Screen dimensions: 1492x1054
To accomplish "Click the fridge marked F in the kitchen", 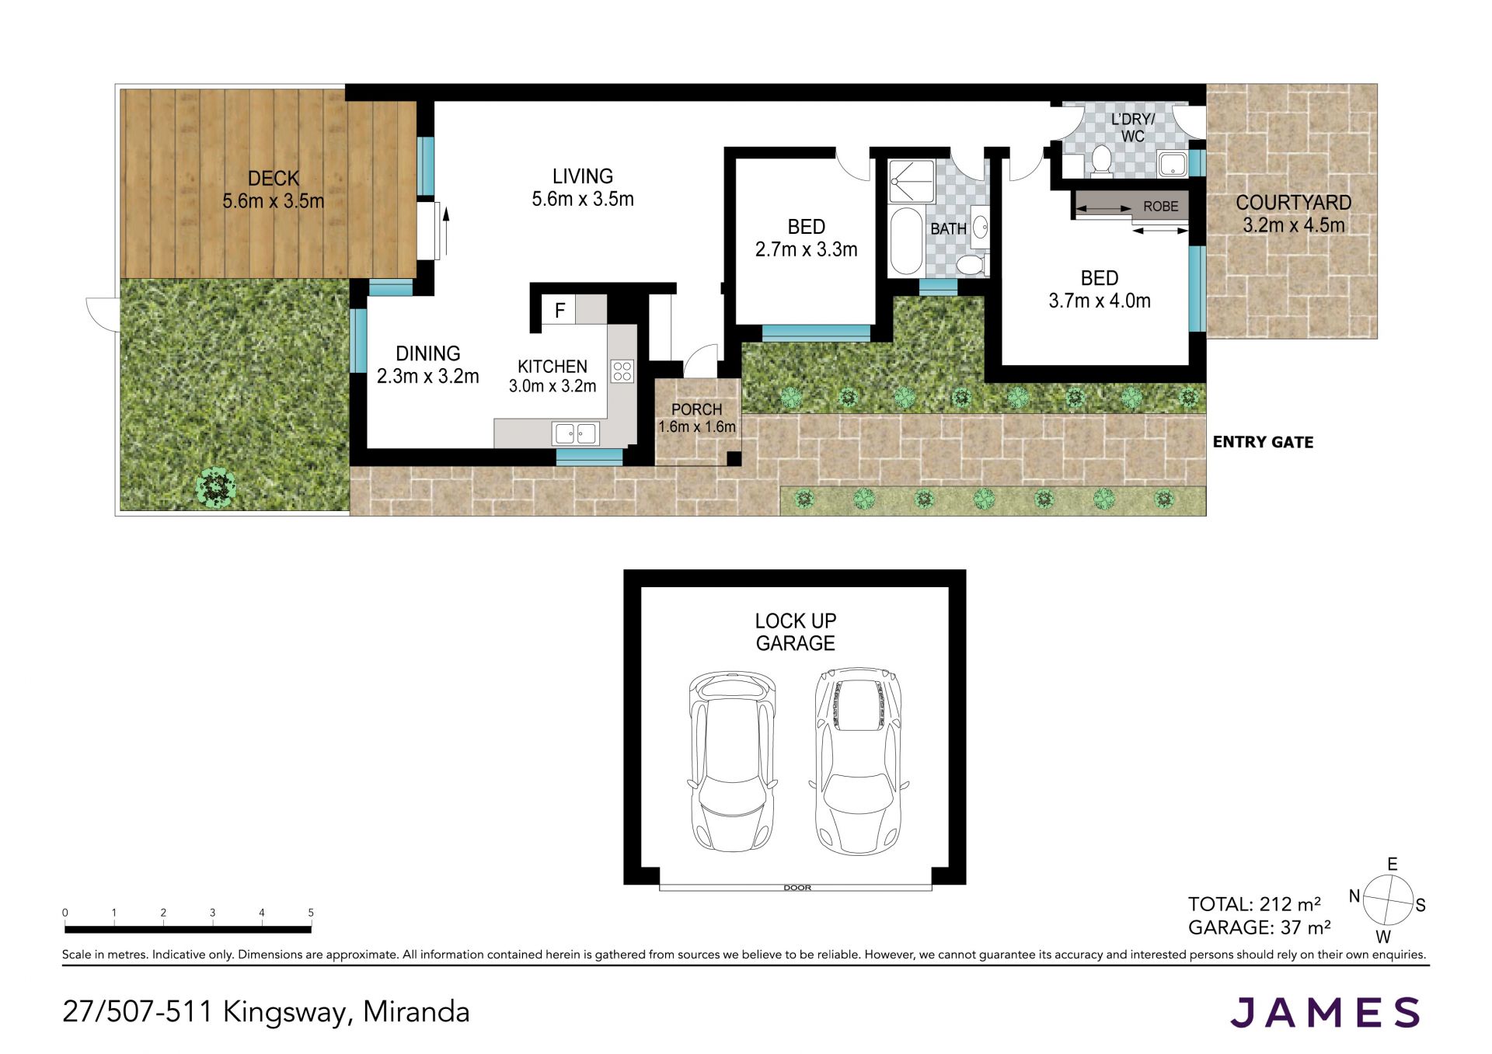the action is [559, 310].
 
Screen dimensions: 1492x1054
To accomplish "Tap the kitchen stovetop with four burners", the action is [622, 371].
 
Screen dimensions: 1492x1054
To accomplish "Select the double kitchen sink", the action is [576, 433].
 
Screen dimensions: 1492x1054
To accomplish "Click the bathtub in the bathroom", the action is [905, 241].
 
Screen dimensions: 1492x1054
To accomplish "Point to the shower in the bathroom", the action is [912, 182].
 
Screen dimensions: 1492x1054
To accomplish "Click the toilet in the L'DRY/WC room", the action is [1100, 160].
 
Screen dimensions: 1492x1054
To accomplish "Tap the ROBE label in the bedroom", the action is [1160, 207].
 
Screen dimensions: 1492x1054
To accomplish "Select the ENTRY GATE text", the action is [1263, 442].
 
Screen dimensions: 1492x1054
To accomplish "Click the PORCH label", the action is [696, 409].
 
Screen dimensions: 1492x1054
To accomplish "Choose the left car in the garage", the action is [733, 761].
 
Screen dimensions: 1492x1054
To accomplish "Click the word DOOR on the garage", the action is [797, 888].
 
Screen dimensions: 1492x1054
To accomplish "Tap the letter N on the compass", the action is [1354, 896].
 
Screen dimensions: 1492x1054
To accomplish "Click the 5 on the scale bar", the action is [311, 913].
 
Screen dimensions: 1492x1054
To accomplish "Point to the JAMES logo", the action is [1325, 1012].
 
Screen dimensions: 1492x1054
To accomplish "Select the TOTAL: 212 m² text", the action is [1254, 904].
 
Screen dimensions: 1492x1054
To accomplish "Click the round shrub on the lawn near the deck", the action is [216, 487].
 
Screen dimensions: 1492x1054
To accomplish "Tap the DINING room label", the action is [428, 353].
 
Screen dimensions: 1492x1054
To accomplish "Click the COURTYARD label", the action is [1294, 203].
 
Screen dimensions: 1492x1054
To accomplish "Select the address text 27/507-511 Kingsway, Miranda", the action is [266, 1012].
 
